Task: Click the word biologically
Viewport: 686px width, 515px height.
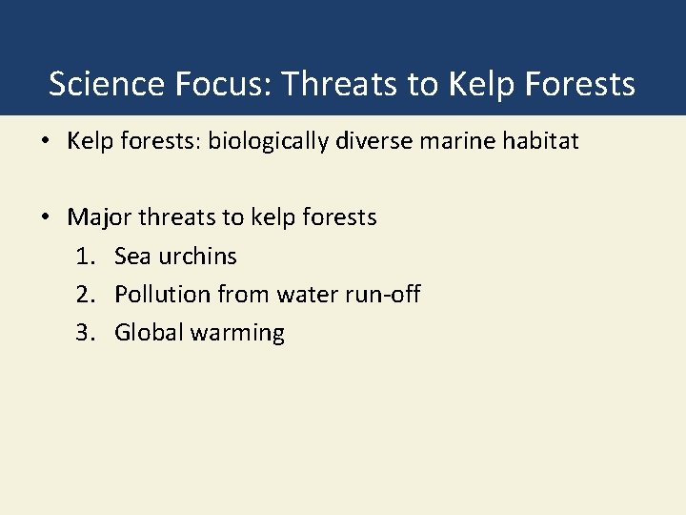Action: tap(275, 142)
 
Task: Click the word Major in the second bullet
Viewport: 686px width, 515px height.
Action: tap(99, 218)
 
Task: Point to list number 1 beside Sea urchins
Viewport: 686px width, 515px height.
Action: tap(85, 257)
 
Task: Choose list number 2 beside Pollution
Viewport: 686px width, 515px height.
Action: tap(85, 295)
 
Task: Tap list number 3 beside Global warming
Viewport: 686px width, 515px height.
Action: tap(85, 333)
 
